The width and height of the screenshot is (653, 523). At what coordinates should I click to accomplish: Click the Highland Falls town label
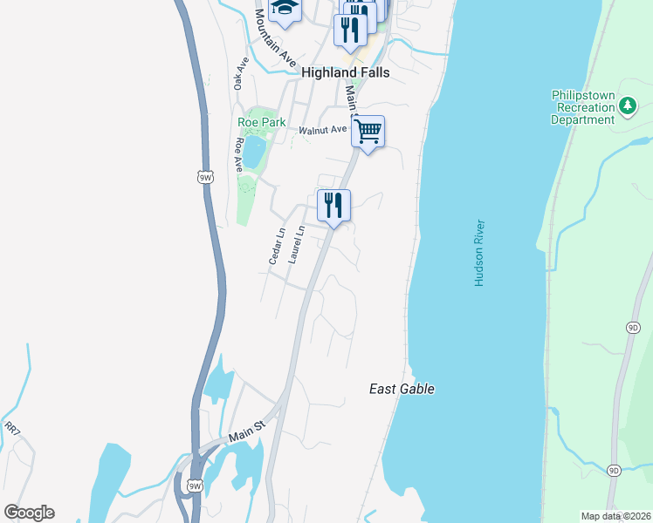345,73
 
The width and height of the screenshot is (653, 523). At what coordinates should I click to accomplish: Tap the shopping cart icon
368,132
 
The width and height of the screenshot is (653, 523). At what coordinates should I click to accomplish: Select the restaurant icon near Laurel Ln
333,206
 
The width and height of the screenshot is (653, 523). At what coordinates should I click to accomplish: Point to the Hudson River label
479,254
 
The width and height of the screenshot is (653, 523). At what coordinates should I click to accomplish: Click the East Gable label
402,390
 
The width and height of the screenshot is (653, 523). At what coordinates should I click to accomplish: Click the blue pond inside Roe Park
254,153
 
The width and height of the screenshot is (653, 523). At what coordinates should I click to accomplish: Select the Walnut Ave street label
323,131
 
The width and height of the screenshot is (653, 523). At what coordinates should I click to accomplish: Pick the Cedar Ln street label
277,247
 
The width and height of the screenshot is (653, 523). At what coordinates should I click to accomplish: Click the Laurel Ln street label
297,245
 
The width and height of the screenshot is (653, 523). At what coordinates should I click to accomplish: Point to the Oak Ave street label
242,74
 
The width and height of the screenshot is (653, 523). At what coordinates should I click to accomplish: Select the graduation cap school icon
284,9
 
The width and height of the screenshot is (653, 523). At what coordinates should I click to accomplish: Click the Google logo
29,513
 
